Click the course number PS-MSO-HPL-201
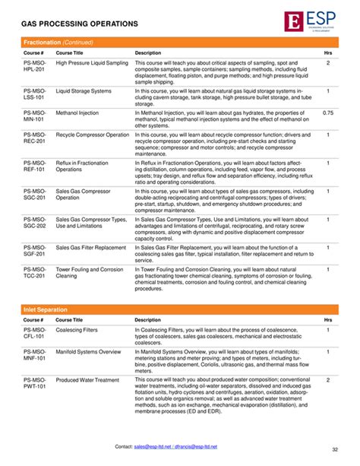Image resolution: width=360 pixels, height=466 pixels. pyautogui.click(x=34, y=65)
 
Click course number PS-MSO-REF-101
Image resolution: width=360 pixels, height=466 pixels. pyautogui.click(x=34, y=166)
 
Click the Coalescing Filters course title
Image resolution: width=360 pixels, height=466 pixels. pyautogui.click(x=77, y=330)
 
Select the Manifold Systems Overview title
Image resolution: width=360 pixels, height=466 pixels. pyautogui.click(x=88, y=352)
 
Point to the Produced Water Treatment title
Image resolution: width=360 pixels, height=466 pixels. pyautogui.click(x=87, y=379)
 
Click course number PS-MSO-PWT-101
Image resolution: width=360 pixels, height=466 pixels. pyautogui.click(x=34, y=382)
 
